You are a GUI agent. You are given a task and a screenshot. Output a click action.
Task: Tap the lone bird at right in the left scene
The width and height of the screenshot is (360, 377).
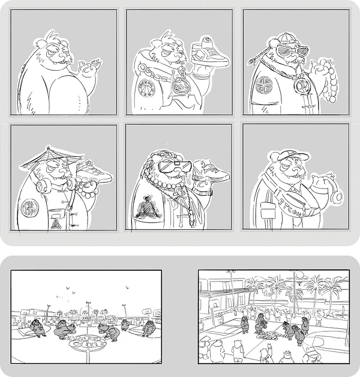click(127, 288)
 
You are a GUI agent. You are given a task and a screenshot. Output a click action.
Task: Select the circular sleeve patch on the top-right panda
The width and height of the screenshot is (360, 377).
click(262, 86)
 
